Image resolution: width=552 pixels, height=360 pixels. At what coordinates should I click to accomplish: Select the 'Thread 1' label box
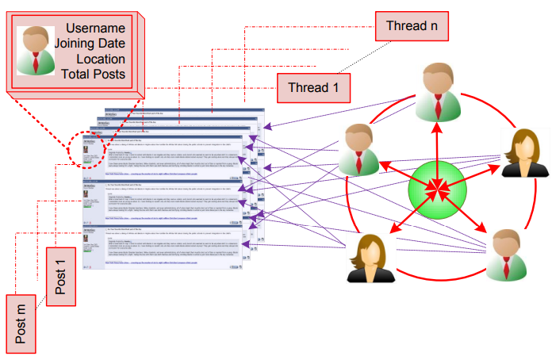pyautogui.click(x=313, y=88)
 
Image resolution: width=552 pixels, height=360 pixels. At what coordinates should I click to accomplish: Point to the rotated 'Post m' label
pyautogui.click(x=21, y=322)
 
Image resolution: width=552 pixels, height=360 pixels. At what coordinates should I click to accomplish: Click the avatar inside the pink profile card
pyautogui.click(x=36, y=51)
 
